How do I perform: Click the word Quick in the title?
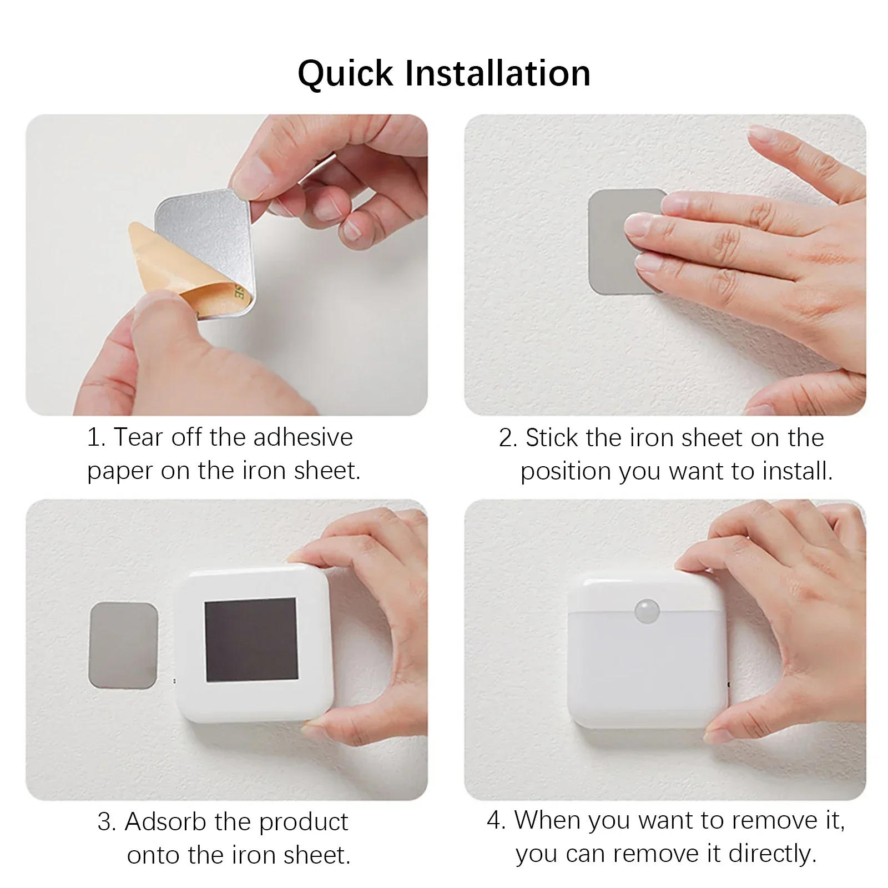(x=345, y=74)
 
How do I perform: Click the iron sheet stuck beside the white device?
(x=124, y=645)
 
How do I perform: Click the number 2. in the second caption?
(x=507, y=438)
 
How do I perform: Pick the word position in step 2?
(x=566, y=472)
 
